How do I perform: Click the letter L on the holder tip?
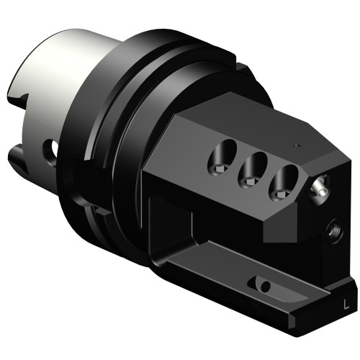pos(346,305)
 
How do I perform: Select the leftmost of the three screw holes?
pos(222,159)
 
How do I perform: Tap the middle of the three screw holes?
pos(253,171)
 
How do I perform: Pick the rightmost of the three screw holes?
pos(284,183)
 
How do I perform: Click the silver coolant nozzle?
pos(320,189)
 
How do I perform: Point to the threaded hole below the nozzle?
pos(334,229)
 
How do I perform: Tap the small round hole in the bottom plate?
pos(266,286)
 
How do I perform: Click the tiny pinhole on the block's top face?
pos(297,145)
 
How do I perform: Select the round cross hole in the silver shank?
pos(50,149)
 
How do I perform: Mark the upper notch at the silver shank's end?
pos(19,99)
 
